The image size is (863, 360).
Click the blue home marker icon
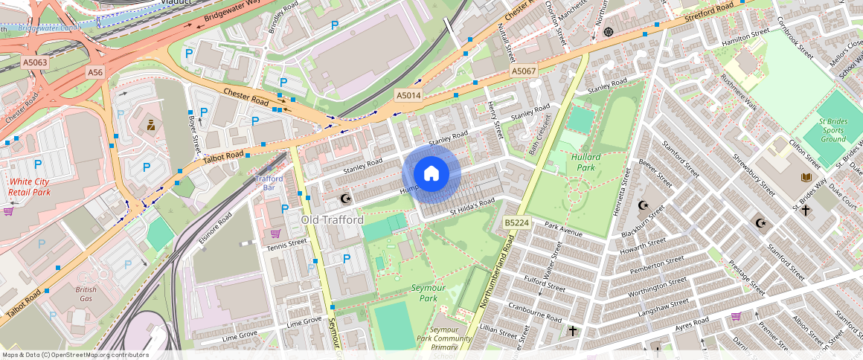(x=431, y=173)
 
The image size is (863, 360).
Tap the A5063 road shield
(x=35, y=62)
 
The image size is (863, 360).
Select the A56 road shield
(x=95, y=72)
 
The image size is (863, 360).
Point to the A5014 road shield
(x=408, y=95)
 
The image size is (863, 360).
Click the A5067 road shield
(x=523, y=71)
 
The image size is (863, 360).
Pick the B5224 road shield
(x=516, y=222)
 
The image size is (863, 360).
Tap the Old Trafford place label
(x=332, y=220)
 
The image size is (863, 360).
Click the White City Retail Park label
(x=30, y=187)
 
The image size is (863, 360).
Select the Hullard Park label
(x=586, y=161)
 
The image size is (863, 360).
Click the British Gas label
(x=86, y=294)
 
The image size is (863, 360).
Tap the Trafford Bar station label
(x=269, y=182)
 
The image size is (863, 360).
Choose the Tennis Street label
(x=287, y=243)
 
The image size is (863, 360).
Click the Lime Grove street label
(x=304, y=321)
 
